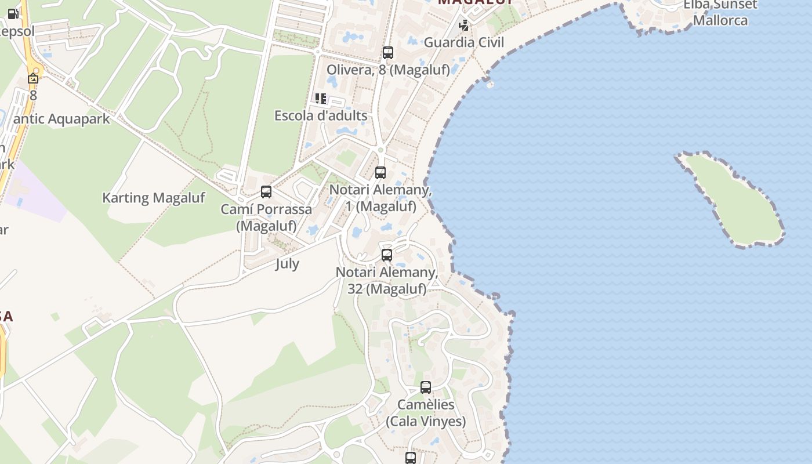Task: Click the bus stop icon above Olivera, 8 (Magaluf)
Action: coord(388,53)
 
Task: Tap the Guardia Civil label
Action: coord(464,42)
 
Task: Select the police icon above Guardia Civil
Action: coord(463,25)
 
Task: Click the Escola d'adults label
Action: coord(321,115)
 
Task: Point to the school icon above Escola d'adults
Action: coord(321,99)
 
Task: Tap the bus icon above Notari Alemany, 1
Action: coord(380,172)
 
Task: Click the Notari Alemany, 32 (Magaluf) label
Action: coord(387,280)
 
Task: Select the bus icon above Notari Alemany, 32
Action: coord(387,255)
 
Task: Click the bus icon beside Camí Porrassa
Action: coord(266,191)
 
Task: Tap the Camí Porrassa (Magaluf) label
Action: coord(266,217)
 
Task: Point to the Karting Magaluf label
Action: coord(154,198)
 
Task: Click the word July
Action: coord(287,264)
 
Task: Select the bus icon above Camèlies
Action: coord(426,387)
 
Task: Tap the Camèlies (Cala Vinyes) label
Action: coord(426,412)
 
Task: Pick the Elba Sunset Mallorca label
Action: coord(720,12)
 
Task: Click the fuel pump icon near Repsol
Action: coord(13,14)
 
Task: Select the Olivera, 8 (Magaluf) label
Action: coord(388,70)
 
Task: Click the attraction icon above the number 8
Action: coord(33,78)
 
